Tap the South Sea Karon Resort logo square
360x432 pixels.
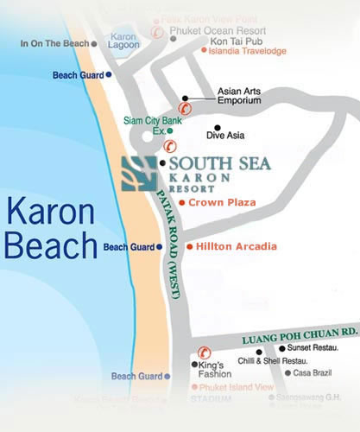click(x=138, y=174)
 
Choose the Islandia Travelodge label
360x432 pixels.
click(x=247, y=50)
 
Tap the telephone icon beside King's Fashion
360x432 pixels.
click(x=205, y=352)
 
